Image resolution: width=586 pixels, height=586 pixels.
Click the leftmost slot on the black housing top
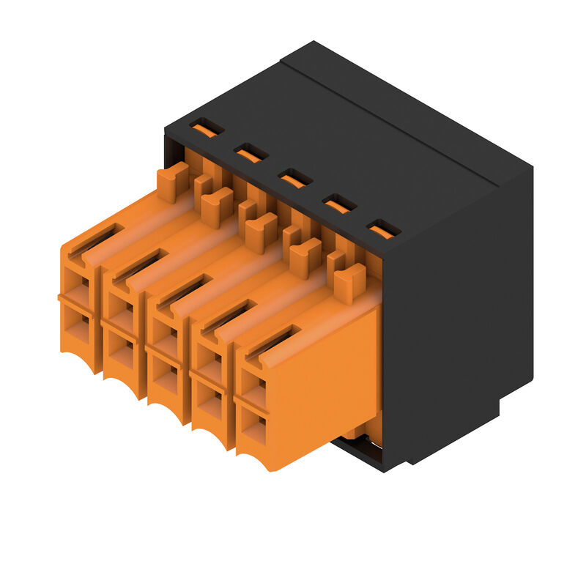tap(207, 128)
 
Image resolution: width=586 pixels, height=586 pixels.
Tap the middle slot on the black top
tap(295, 178)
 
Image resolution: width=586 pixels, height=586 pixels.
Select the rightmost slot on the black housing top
tap(384, 229)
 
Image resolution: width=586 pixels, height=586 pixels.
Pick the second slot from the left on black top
tap(251, 153)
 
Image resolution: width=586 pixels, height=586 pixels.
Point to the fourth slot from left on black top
tap(340, 204)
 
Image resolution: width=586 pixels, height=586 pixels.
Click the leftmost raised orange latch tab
tap(173, 182)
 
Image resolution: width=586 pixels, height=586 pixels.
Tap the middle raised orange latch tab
tap(262, 232)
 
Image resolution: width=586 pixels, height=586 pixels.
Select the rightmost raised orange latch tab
tap(349, 283)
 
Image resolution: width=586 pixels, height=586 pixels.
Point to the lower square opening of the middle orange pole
tap(165, 378)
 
